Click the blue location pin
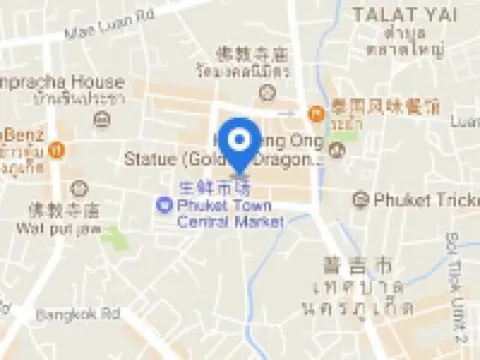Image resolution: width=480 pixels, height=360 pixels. (x=240, y=143)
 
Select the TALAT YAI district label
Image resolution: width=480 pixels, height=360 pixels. (x=397, y=13)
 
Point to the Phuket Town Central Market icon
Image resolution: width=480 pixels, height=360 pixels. (x=163, y=206)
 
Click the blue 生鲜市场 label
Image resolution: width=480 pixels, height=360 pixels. (x=212, y=188)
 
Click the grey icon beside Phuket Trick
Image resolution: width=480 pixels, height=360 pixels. (x=361, y=199)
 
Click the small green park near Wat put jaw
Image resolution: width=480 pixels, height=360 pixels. (x=118, y=238)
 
